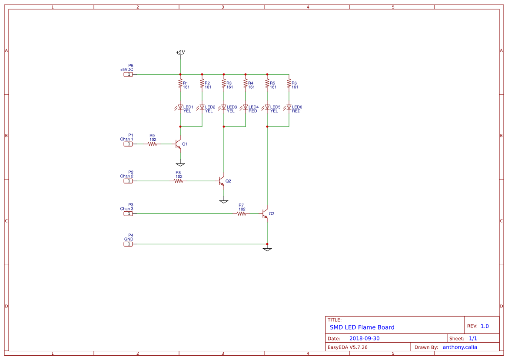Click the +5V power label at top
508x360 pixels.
[180, 53]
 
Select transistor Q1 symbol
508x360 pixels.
[178, 144]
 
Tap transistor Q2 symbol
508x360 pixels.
[222, 181]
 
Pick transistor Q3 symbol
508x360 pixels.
[265, 213]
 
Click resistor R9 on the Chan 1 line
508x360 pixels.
[152, 144]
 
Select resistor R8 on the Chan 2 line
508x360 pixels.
[178, 181]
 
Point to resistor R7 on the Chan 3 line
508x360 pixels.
[241, 213]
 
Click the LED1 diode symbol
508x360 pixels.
[180, 107]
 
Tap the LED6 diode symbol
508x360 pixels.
[289, 107]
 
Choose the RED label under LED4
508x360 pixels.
[252, 111]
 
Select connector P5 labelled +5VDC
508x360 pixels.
[128, 74]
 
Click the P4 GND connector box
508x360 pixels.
[128, 244]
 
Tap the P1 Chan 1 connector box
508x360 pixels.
[128, 144]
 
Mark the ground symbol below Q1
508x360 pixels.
[180, 165]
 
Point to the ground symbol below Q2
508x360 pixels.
[224, 202]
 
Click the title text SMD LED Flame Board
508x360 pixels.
[362, 327]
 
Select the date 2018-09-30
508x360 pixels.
[364, 339]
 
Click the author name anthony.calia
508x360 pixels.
[460, 347]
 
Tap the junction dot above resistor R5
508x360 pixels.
[267, 74]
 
